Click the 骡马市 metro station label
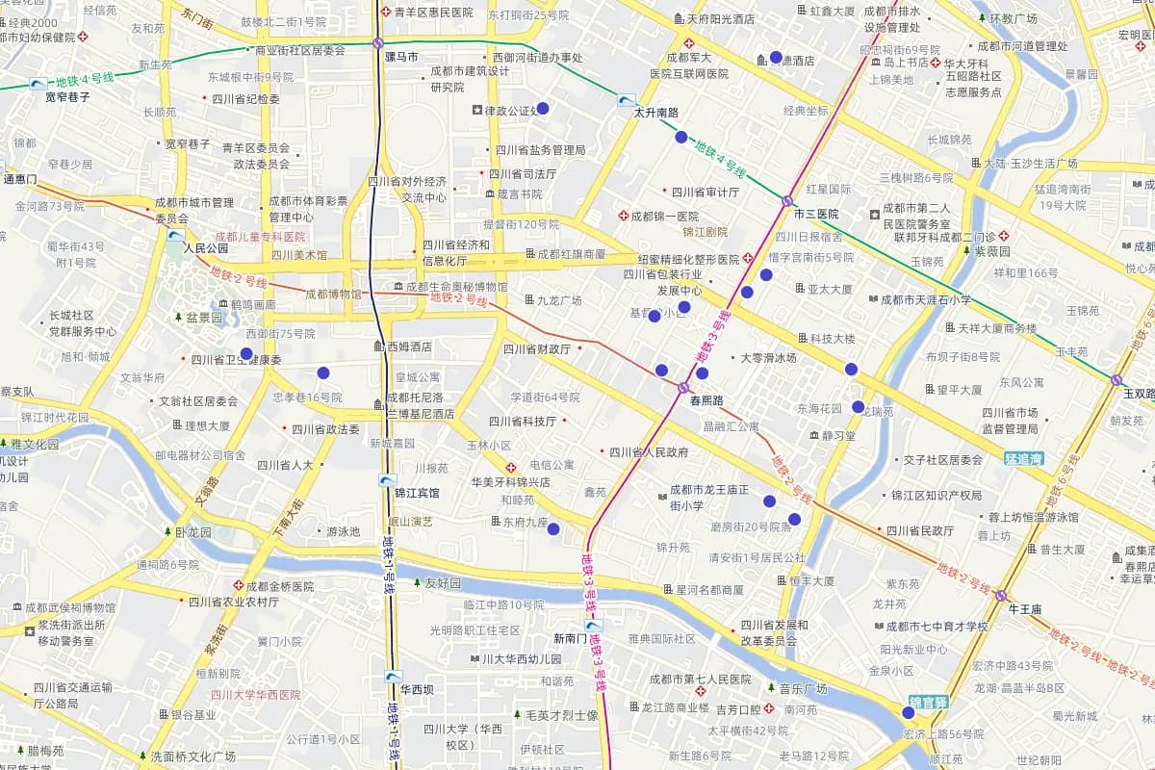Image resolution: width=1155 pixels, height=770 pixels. click(x=400, y=58)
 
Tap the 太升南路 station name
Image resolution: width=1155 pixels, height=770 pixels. click(x=655, y=113)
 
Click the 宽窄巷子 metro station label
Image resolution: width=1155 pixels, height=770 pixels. click(x=67, y=96)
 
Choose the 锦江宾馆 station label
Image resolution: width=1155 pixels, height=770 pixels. click(x=416, y=493)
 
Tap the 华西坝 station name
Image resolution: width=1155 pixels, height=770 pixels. click(x=417, y=689)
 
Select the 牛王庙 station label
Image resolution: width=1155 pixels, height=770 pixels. click(x=1025, y=609)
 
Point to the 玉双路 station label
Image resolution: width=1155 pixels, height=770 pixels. click(x=1139, y=393)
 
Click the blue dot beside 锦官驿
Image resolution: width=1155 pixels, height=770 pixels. click(x=908, y=712)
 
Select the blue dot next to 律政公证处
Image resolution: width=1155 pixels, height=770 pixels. click(x=542, y=109)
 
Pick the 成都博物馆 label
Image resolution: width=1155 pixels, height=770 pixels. click(x=333, y=294)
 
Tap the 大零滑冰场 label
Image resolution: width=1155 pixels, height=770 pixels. click(x=768, y=358)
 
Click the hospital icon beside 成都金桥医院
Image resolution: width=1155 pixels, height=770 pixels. click(x=238, y=585)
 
